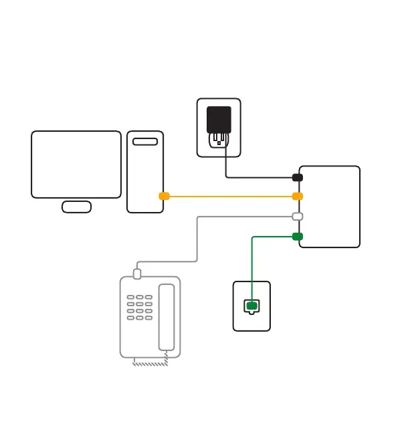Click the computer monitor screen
pyautogui.click(x=76, y=164)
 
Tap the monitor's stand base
pyautogui.click(x=76, y=207)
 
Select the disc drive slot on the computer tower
pyautogui.click(x=145, y=141)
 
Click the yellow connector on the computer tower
pyautogui.click(x=164, y=196)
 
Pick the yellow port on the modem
pyautogui.click(x=298, y=196)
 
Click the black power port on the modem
pyautogui.click(x=298, y=177)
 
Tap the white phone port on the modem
pyautogui.click(x=298, y=216)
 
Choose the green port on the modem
pyautogui.click(x=298, y=236)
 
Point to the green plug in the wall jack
pyautogui.click(x=251, y=306)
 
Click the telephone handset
pyautogui.click(x=167, y=317)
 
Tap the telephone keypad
pyautogui.click(x=140, y=308)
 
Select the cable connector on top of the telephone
pyautogui.click(x=137, y=273)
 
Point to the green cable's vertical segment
pyautogui.click(x=251, y=267)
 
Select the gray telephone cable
pyautogui.click(x=197, y=241)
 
